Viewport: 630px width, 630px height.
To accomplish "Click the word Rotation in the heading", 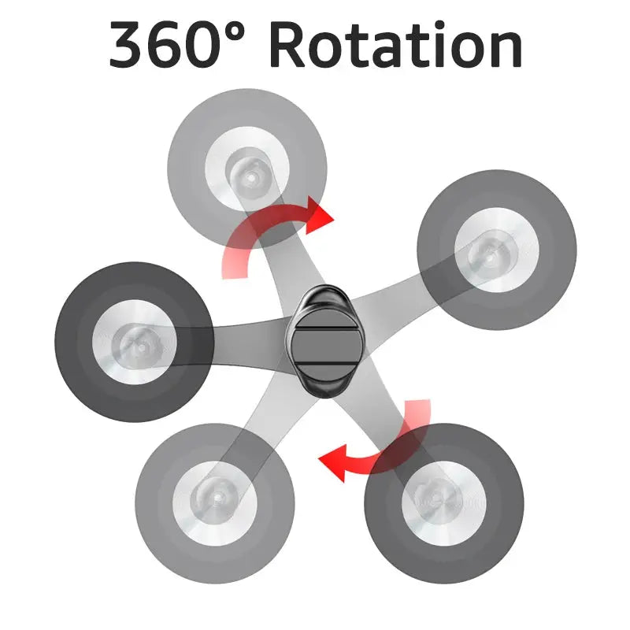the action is (x=396, y=45).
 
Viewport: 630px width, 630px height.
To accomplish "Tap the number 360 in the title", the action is (x=165, y=45).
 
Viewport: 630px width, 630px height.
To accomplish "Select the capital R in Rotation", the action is (x=287, y=45).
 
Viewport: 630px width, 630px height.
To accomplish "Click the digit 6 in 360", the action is (x=165, y=45).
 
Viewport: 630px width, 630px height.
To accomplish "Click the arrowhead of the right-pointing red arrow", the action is (x=320, y=216).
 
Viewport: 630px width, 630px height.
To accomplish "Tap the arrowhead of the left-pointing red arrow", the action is (x=332, y=463).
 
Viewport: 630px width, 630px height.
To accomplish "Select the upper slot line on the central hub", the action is (x=326, y=329).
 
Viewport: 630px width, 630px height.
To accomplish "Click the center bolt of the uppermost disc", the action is (x=251, y=177).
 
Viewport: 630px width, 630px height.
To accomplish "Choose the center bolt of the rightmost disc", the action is (x=488, y=255).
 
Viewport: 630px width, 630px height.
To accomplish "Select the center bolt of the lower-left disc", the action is (x=217, y=498).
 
